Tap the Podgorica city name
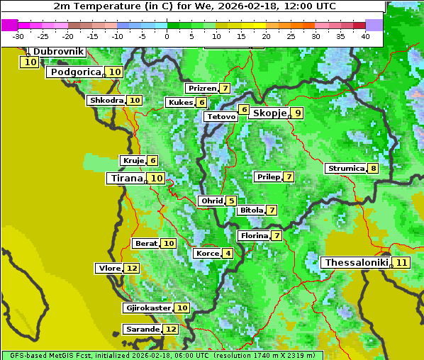pos(75,72)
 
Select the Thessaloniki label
pos(356,262)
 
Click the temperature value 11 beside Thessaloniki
pos(401,263)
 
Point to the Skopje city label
pos(269,113)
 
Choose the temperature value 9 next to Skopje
pos(298,113)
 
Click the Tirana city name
pos(125,179)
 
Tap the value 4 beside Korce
pos(228,254)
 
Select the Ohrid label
pos(211,201)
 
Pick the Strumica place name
pos(345,169)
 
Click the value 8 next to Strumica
pos(372,169)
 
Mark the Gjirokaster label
pos(147,308)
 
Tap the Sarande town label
pos(142,330)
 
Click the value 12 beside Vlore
pos(131,269)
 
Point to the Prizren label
pos(201,89)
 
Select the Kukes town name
pos(180,103)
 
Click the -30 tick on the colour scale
pos(18,35)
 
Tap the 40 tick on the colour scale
pos(365,35)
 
